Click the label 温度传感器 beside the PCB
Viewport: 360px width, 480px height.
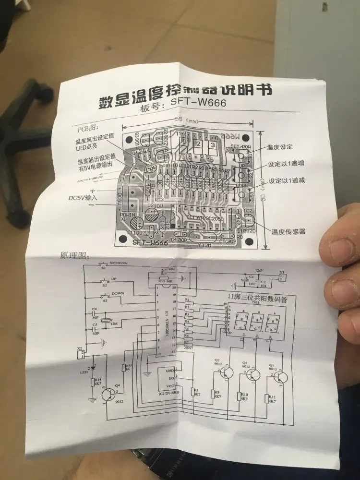(288, 232)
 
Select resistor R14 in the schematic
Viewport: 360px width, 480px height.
(93, 382)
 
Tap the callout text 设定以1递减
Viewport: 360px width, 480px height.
(286, 180)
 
